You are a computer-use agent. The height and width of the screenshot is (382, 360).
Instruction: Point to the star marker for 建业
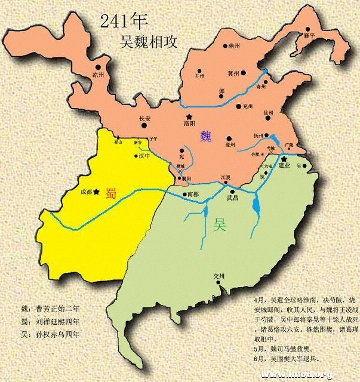pos(283,158)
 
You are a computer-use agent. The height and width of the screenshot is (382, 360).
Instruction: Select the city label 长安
pos(145,118)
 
